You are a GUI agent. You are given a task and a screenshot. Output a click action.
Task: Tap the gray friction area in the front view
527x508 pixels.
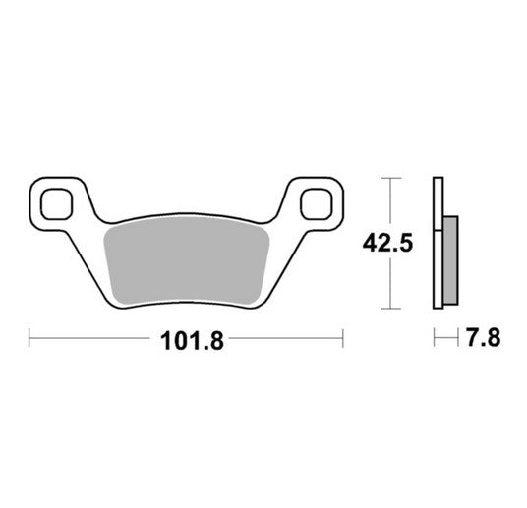pos(187,262)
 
